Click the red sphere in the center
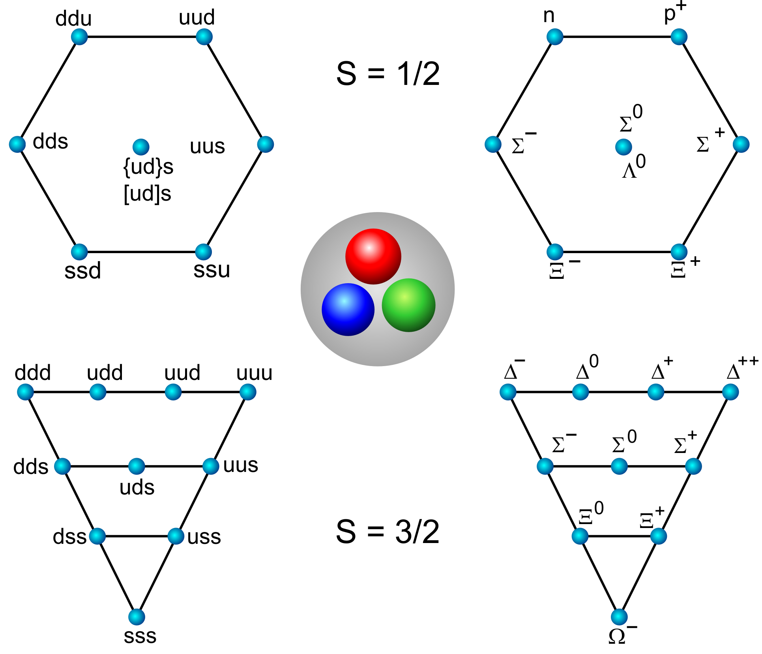(x=373, y=256)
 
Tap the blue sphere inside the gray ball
(x=348, y=310)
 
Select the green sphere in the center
(x=408, y=305)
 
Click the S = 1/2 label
(x=388, y=74)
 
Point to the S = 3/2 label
(x=388, y=532)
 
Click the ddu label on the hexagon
(x=73, y=19)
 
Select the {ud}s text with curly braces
(x=148, y=167)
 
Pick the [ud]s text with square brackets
(x=148, y=194)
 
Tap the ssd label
(x=82, y=271)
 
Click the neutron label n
(x=549, y=16)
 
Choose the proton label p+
(x=675, y=13)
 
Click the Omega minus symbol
(x=623, y=634)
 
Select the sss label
(x=140, y=636)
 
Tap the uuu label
(x=254, y=372)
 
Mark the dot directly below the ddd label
(x=26, y=392)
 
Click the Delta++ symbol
(x=742, y=368)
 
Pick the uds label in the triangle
(x=137, y=487)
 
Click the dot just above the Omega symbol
(x=619, y=617)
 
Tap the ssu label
(x=212, y=270)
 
